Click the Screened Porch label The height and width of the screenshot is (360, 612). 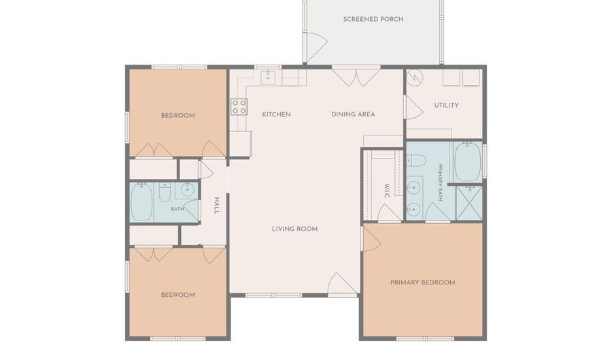point(373,19)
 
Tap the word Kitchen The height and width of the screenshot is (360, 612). point(276,114)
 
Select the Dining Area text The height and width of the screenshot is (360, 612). point(353,114)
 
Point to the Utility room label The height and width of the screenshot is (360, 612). point(446,105)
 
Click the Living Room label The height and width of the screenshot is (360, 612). point(294,229)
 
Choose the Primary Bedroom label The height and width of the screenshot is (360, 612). point(423,282)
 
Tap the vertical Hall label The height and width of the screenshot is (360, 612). point(217,206)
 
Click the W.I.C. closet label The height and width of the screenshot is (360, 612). point(387,191)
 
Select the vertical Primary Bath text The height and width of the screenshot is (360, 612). point(440,182)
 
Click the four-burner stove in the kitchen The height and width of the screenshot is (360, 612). point(239,107)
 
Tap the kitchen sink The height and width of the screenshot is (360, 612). point(268,78)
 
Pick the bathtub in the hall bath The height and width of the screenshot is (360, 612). point(141,202)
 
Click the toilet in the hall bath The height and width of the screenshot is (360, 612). point(165,192)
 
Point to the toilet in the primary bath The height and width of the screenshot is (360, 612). point(416,161)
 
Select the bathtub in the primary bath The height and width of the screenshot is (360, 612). point(467,162)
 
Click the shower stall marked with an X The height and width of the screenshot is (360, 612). point(469,203)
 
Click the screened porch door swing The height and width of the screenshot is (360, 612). point(315,48)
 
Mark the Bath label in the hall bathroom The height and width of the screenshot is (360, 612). point(177,209)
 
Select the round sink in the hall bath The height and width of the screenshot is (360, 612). point(188,190)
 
